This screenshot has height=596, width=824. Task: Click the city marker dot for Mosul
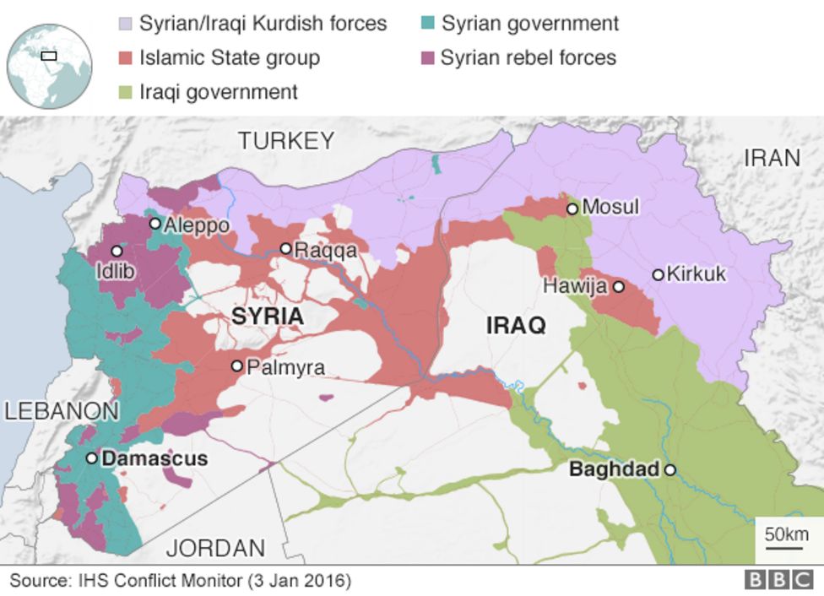(x=572, y=208)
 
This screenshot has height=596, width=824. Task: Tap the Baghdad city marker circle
(x=669, y=470)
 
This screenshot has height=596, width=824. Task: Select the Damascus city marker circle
(x=92, y=458)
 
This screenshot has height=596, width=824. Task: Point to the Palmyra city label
(x=285, y=368)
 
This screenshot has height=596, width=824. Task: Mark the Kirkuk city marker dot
(x=658, y=274)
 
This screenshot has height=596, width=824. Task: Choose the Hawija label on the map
(x=575, y=286)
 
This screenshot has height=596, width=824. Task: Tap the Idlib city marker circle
(x=117, y=251)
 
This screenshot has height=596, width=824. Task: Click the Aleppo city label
(x=196, y=225)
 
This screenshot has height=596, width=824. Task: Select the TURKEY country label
(x=286, y=141)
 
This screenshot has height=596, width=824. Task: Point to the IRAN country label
(x=772, y=158)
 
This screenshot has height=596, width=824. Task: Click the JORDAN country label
(x=215, y=548)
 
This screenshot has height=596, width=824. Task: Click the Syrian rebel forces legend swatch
(x=426, y=58)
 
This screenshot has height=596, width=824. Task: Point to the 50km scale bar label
(x=786, y=534)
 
